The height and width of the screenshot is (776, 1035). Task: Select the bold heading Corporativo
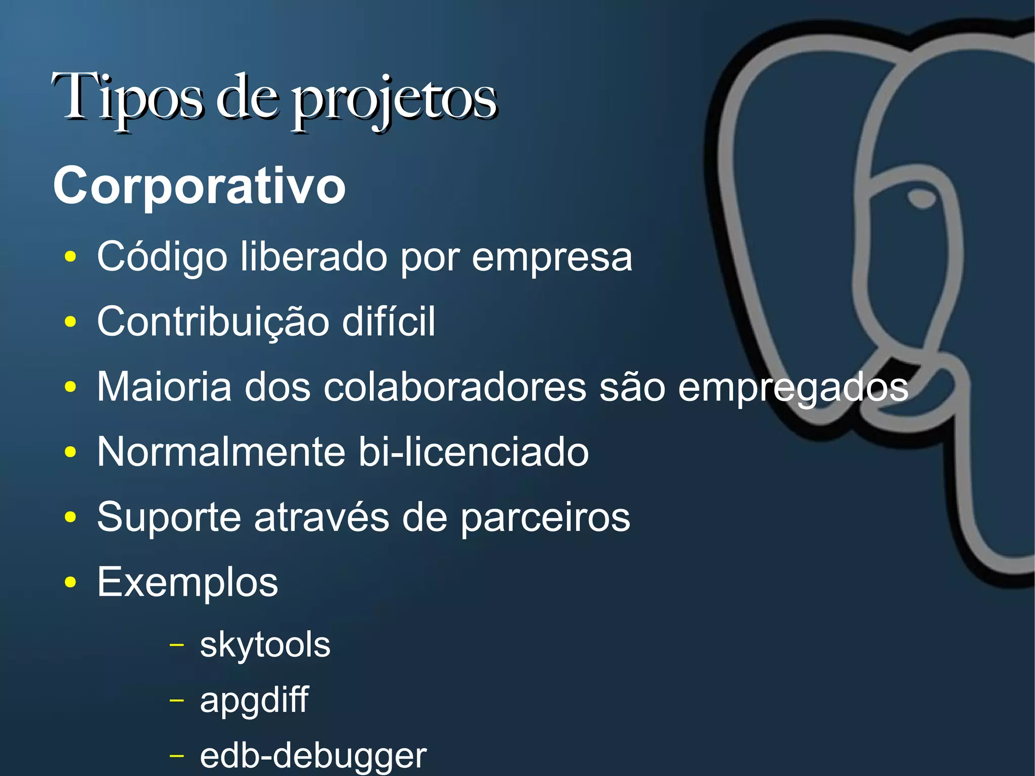pos(200,186)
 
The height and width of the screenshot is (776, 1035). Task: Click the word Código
pos(162,257)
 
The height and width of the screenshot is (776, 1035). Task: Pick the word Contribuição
pos(213,323)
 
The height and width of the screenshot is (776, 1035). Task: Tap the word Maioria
pos(164,387)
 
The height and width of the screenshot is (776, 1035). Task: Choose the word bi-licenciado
pos(474,451)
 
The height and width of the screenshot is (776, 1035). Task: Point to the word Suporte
pos(169,517)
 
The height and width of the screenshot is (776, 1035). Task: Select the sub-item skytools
pos(265,646)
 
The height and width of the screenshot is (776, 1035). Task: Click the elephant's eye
pos(922,198)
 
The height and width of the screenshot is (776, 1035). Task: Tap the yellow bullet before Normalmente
pos(71,452)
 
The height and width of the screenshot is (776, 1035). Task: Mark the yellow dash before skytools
pos(176,645)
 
